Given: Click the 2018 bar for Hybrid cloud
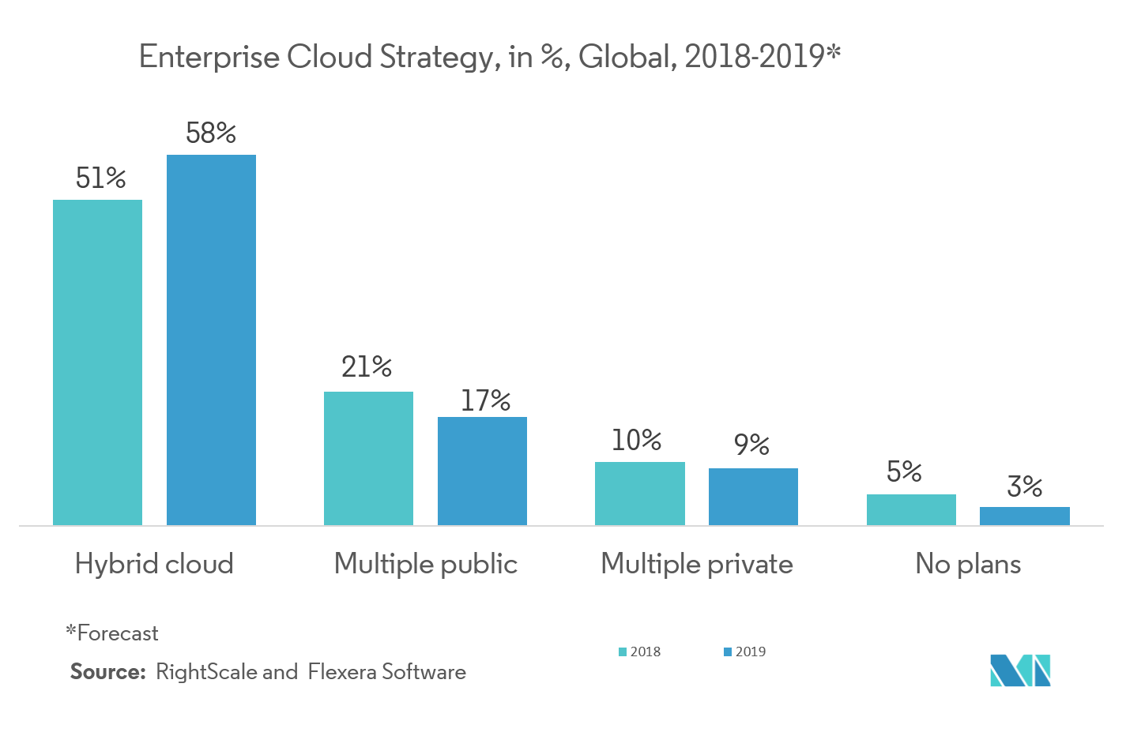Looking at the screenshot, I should [97, 362].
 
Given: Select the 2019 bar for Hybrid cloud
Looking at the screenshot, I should [211, 340].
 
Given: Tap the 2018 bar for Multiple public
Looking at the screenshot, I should [368, 458].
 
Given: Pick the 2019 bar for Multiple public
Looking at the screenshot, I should [482, 471].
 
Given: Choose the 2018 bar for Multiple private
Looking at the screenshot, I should [639, 494].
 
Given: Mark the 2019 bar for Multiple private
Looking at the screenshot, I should [753, 497].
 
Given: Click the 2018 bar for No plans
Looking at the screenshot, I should [911, 509].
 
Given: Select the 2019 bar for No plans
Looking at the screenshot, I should [1024, 516].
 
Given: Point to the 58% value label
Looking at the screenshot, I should [211, 133].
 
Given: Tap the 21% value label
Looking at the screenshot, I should [367, 366].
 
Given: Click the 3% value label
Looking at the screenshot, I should [1025, 486].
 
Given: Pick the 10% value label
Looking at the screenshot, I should [637, 440].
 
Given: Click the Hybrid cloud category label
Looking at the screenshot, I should [154, 564].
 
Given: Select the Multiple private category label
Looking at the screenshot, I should [696, 564].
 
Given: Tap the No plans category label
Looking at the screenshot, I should [968, 564].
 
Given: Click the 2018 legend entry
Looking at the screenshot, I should [640, 652].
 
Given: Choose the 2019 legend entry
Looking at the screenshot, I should [745, 652].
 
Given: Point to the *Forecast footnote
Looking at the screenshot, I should [112, 633].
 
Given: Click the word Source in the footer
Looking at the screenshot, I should [107, 672].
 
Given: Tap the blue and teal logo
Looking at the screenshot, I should [1019, 670].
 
